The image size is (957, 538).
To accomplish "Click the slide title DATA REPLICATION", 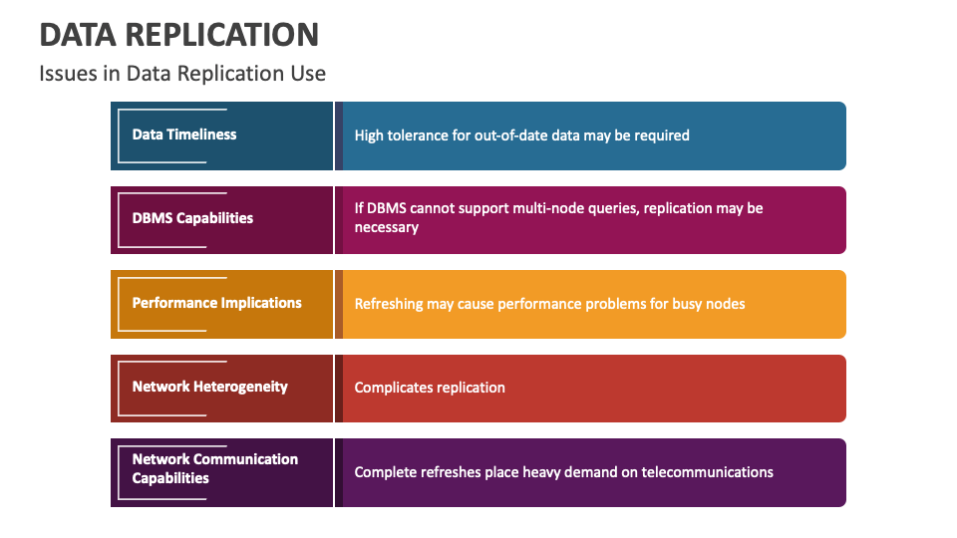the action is tap(178, 35).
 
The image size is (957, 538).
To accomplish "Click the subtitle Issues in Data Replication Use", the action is tap(182, 74).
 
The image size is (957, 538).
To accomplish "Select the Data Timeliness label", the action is tap(184, 134).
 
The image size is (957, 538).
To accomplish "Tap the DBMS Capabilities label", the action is tap(192, 218).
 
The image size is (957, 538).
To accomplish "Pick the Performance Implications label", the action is tap(216, 303).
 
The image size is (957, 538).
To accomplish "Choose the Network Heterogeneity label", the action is tap(210, 387).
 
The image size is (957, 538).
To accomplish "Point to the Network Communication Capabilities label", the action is tap(215, 468).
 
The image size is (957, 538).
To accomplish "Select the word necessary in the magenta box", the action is tap(387, 227).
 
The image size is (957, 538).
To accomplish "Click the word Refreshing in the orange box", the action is tap(389, 304).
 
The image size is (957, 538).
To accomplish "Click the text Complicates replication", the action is tap(430, 388).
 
